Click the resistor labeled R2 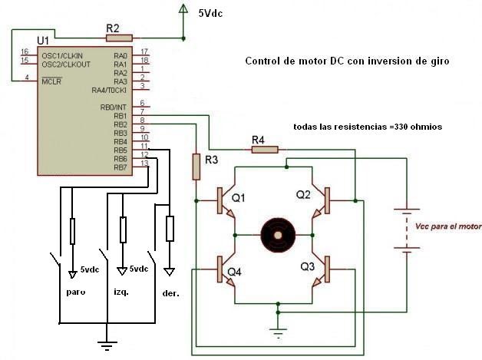[119, 37]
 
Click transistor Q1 [223, 200]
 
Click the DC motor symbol [275, 233]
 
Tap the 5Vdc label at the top [212, 12]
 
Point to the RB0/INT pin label [114, 107]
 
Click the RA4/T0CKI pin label [109, 90]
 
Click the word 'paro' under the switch [75, 292]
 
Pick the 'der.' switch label [171, 292]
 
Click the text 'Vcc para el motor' [447, 227]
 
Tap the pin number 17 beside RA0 [144, 52]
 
